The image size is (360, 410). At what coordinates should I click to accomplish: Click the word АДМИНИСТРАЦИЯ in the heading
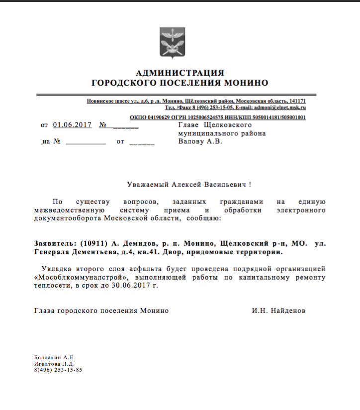click(x=180, y=73)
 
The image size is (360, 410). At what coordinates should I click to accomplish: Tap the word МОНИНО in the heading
click(x=244, y=83)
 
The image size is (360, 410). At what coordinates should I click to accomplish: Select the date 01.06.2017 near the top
click(x=72, y=125)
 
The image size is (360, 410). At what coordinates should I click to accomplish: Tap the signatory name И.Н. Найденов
click(x=278, y=310)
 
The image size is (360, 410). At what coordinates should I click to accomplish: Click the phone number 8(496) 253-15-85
click(x=58, y=370)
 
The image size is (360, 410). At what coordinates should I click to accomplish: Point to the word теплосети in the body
click(x=51, y=285)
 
